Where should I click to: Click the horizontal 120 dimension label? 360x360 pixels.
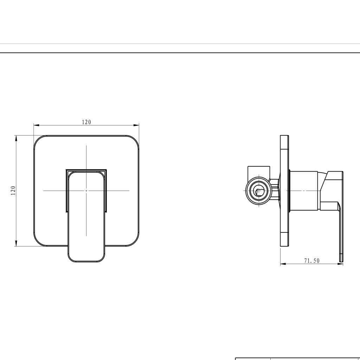(x=86, y=122)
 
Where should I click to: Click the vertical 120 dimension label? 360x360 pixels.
(x=13, y=191)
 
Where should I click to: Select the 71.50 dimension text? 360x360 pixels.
(x=312, y=261)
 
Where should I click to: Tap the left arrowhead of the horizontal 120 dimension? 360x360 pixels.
(x=37, y=125)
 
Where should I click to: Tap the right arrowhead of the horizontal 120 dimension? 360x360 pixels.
(x=136, y=125)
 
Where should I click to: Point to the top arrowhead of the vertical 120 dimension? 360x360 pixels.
(x=16, y=138)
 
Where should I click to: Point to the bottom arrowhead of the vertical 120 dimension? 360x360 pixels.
(x=16, y=243)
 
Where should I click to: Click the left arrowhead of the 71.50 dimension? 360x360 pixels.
(x=283, y=264)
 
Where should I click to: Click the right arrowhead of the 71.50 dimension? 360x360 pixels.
(x=340, y=264)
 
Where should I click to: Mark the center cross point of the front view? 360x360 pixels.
(x=86, y=191)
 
